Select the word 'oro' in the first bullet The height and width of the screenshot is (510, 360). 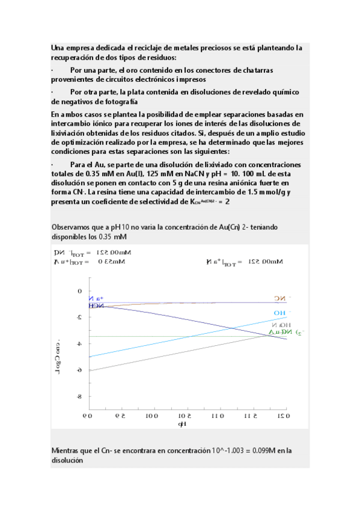click(129, 70)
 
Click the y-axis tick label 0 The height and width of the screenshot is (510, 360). click(80, 291)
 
